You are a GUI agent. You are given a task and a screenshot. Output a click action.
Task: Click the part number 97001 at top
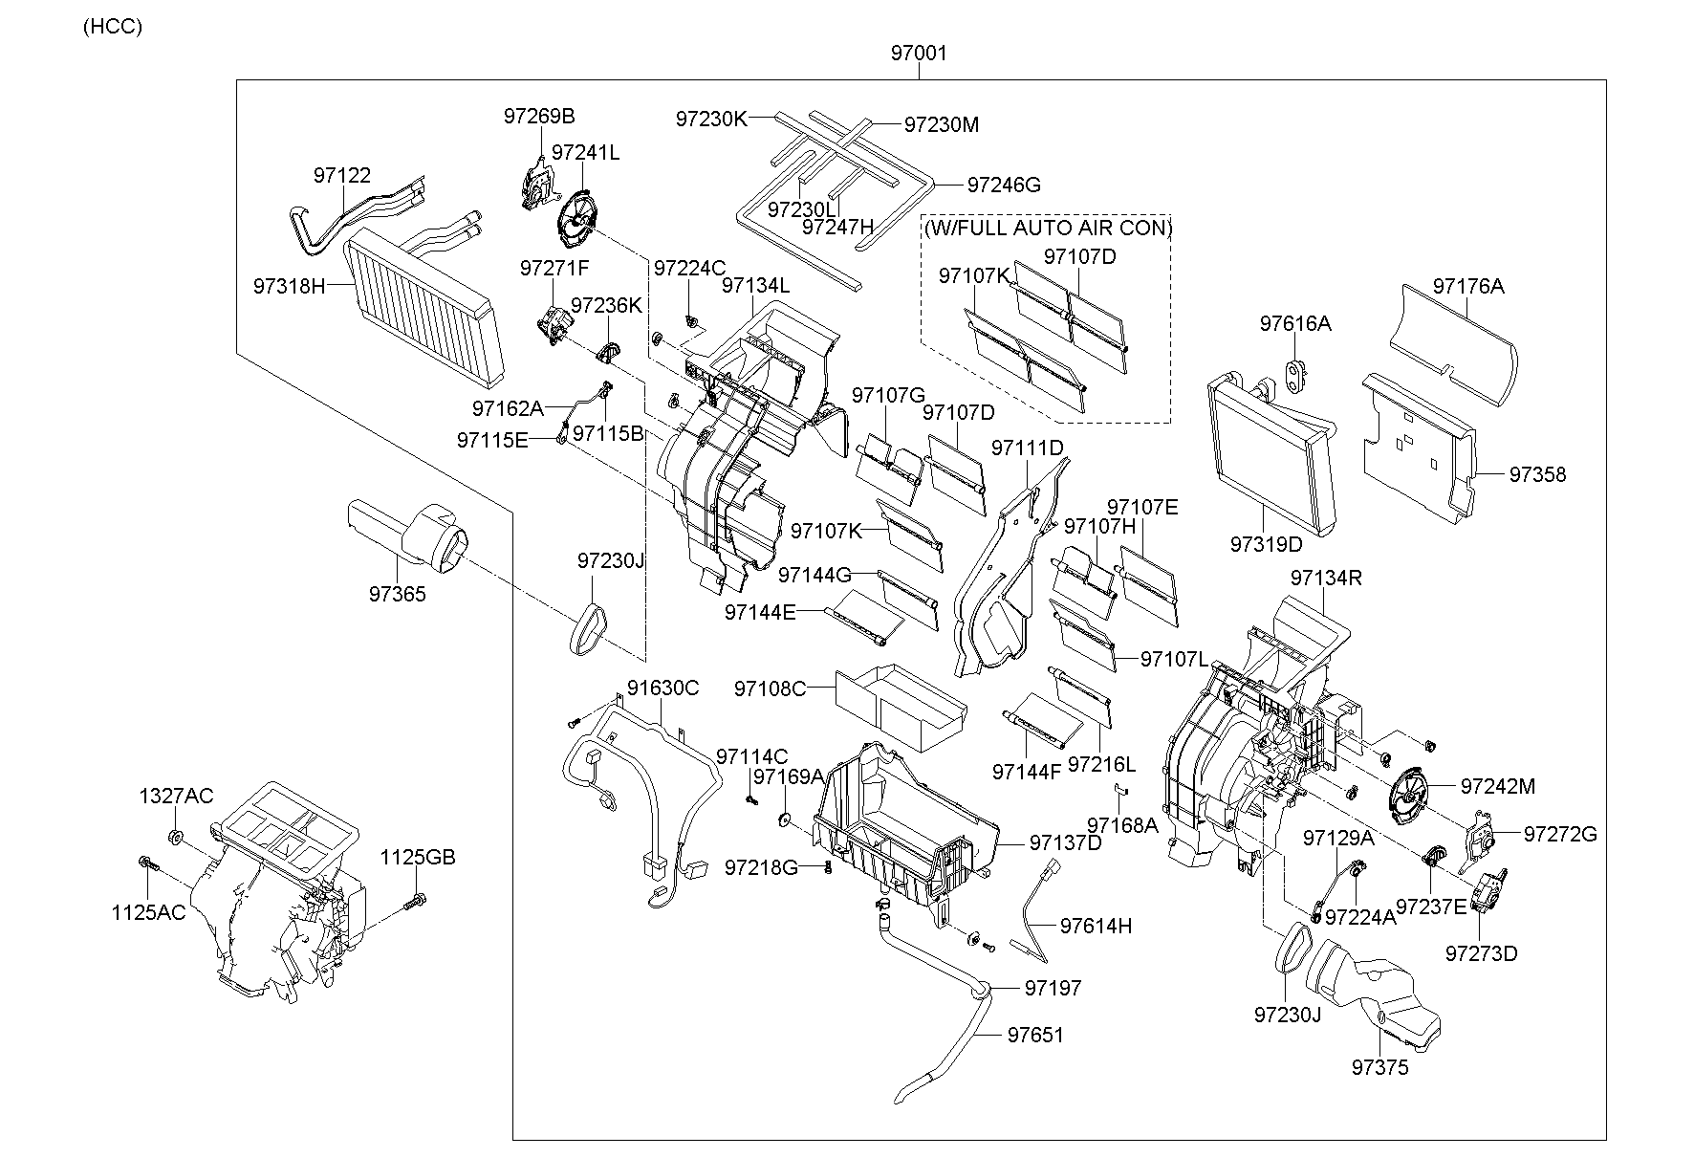919,54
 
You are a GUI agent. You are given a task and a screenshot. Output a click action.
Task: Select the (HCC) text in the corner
112,27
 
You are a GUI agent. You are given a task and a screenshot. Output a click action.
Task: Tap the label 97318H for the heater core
289,286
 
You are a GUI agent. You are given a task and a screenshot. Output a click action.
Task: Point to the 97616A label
1294,323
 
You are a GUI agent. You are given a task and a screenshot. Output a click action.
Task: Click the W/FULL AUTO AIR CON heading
1047,228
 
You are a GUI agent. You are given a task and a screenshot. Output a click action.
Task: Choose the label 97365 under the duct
397,594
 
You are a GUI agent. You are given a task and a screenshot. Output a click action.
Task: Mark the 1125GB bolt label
418,857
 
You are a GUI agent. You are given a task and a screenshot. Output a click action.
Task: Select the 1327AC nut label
176,796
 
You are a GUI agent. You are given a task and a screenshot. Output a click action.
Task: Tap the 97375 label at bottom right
1379,1067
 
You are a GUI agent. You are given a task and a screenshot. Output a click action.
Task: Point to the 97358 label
1537,474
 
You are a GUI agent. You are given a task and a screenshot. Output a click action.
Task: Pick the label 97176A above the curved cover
1467,286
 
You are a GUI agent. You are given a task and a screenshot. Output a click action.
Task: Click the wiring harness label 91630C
662,688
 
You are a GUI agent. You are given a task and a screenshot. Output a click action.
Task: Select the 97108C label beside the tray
770,688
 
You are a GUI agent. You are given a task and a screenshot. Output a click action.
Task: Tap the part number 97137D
1065,842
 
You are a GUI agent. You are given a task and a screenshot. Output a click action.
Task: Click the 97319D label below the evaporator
1266,544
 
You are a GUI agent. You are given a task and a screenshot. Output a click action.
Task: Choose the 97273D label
1481,953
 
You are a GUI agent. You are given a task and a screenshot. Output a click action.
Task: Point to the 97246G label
1004,185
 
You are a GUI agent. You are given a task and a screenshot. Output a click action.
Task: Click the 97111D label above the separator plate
1027,448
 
